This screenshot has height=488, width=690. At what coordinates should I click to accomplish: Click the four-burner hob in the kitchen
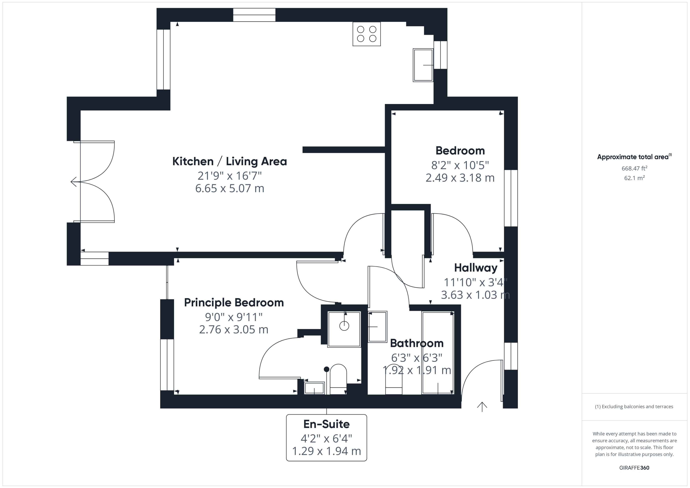click(366, 34)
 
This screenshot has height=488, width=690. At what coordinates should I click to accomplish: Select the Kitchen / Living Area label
click(229, 161)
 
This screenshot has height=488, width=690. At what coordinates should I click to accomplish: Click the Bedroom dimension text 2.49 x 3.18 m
click(460, 178)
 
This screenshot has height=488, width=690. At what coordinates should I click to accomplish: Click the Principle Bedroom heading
click(234, 303)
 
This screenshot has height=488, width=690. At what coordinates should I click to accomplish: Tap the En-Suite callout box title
click(326, 424)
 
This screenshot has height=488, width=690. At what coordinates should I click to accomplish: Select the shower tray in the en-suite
click(344, 329)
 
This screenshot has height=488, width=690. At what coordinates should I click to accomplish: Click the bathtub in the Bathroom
click(437, 353)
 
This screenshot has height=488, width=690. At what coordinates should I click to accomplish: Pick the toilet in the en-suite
click(338, 379)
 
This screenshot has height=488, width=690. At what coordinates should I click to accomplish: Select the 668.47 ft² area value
click(634, 168)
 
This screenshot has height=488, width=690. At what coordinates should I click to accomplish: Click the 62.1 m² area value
click(634, 178)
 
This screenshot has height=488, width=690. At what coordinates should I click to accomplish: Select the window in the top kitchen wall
click(254, 15)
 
